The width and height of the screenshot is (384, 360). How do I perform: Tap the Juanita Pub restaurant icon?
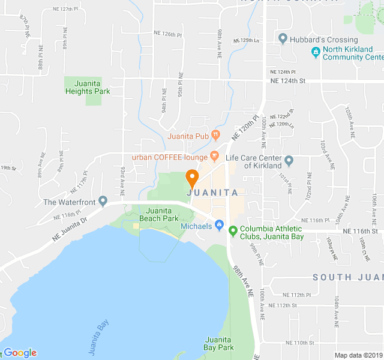[216, 136]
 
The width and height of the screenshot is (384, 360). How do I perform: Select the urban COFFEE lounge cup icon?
[214, 157]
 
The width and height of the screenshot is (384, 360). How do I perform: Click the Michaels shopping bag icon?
[220, 226]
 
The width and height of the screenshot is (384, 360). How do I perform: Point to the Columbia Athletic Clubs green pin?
[233, 229]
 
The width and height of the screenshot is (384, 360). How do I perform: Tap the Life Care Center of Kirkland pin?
[289, 161]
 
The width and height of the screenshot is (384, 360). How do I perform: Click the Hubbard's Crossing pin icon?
[283, 40]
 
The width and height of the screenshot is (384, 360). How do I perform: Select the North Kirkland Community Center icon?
[315, 52]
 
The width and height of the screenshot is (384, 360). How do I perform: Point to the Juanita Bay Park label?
[218, 343]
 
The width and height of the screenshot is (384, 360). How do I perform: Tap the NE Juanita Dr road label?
[69, 229]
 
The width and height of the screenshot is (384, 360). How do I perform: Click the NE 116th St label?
[360, 231]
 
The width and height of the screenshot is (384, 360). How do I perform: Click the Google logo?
[20, 353]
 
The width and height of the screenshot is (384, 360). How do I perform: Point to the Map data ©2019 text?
[358, 355]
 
